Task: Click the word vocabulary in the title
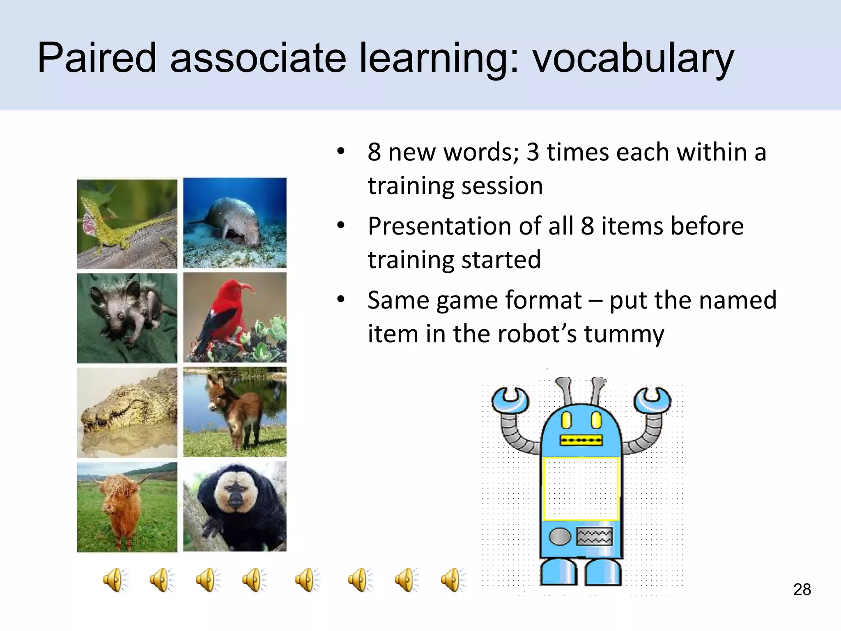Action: (x=632, y=58)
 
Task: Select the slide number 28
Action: (x=802, y=590)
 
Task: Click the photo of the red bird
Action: (x=234, y=318)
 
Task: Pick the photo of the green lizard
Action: (x=127, y=224)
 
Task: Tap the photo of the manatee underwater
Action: (x=234, y=223)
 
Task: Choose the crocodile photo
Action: (x=127, y=412)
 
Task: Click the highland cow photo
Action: (x=127, y=507)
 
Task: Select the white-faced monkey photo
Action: (x=234, y=506)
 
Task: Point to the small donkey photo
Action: (x=234, y=412)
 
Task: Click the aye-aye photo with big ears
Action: (x=127, y=318)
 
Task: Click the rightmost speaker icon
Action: (x=453, y=580)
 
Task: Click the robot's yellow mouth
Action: (x=581, y=441)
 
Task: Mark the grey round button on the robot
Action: (x=560, y=537)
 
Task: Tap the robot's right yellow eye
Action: (x=596, y=420)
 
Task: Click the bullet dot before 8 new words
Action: (x=340, y=151)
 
